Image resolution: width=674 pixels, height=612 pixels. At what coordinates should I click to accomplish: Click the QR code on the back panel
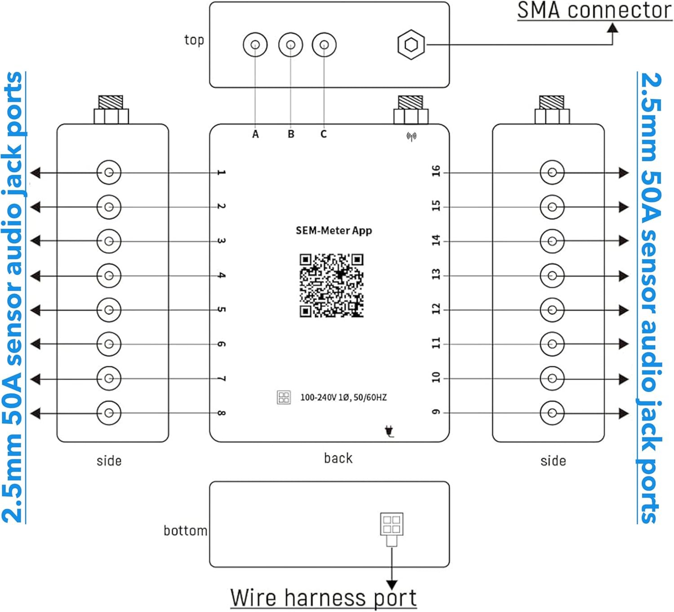pos(332,286)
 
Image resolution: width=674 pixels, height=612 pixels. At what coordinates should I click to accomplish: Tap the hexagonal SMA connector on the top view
pos(411,45)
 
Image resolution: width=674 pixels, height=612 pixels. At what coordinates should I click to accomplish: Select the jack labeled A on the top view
pos(255,45)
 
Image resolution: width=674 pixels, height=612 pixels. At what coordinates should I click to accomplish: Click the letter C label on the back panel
pos(324,134)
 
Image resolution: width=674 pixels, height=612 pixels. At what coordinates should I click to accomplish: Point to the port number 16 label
pos(436,171)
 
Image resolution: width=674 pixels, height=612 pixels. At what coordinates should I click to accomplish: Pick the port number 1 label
pos(221,173)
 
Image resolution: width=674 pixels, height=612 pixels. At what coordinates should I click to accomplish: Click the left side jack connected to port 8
pos(109,413)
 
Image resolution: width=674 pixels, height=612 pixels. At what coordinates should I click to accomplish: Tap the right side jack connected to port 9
pos(552,413)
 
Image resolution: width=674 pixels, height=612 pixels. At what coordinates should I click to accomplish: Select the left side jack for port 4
pos(109,275)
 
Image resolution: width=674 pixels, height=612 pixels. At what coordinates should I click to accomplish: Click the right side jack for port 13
pos(552,275)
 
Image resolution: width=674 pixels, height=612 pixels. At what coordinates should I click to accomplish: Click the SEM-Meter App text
pos(334,231)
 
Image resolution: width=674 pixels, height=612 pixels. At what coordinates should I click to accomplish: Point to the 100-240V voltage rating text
pos(343,397)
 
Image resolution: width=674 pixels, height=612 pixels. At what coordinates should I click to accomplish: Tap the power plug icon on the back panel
pos(390,431)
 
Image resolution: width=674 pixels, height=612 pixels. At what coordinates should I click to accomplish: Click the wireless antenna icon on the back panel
pos(411,136)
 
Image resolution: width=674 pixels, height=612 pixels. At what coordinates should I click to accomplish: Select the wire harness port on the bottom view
pos(391,524)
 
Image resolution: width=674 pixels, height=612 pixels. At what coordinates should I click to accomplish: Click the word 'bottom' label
pos(185,531)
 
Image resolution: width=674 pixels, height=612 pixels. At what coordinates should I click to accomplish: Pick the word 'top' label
pos(194,40)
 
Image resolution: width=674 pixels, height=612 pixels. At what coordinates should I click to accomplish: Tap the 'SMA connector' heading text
pos(594,11)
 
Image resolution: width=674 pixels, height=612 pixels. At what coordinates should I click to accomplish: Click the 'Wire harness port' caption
pos(324,598)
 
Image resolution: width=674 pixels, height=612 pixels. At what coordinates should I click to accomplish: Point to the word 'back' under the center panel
pos(338,458)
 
